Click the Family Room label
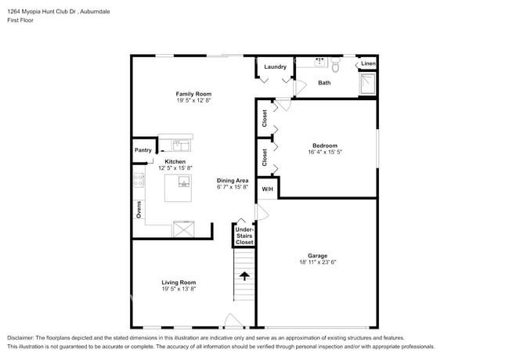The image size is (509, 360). (193, 94)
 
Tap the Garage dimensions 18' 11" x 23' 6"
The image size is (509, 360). (317, 262)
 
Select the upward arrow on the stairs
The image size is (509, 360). (244, 276)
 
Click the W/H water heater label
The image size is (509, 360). (268, 189)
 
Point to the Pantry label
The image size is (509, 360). (143, 150)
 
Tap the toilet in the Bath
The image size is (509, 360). (335, 65)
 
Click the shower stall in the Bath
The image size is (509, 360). (368, 84)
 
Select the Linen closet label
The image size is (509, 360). (369, 63)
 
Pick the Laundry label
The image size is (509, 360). (276, 67)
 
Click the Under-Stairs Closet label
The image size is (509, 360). (244, 236)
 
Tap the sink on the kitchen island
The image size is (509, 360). (184, 182)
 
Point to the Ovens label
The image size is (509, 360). (139, 210)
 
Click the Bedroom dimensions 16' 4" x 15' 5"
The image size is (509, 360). (325, 152)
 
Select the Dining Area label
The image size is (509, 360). (233, 181)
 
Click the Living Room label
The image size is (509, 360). (179, 283)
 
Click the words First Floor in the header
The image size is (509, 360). (20, 20)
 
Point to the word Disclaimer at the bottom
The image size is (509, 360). (20, 338)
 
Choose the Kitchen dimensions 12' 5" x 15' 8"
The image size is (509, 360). (175, 168)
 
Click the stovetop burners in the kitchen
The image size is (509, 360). (139, 180)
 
